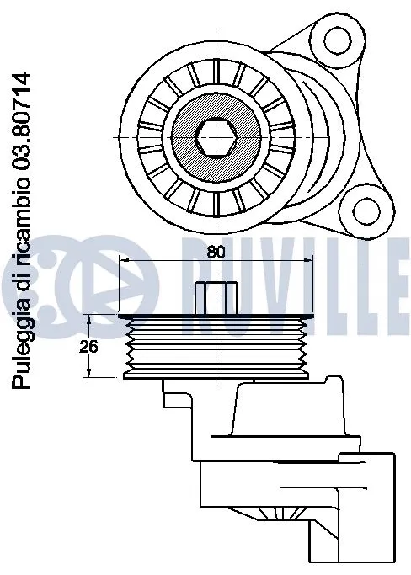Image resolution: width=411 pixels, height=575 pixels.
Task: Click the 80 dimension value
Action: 216,250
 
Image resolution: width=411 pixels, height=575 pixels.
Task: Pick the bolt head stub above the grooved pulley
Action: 216,298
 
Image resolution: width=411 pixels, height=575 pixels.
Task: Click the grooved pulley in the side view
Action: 215,345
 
